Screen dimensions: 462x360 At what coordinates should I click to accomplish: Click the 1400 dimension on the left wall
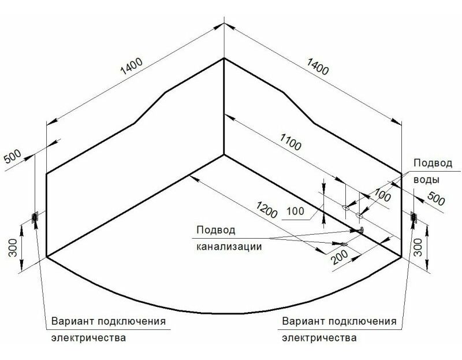pos(132,66)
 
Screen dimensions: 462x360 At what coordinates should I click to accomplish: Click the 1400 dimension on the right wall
pos(317,66)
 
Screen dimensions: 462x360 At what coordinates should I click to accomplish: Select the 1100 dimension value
pos(290,142)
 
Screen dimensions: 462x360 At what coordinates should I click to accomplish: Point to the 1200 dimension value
pos(267,210)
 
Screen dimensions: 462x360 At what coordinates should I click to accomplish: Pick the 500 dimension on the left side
pos(13,156)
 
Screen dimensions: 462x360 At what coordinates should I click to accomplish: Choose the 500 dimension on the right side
pos(436,198)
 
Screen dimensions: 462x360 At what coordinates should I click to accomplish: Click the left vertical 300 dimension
pos(12,247)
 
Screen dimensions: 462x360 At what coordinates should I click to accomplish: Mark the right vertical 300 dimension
pos(418,247)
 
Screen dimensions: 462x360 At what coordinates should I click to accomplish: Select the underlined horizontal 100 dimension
pos(295,211)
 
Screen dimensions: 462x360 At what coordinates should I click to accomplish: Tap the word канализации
pos(229,246)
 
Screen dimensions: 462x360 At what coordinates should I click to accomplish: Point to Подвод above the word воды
pos(433,163)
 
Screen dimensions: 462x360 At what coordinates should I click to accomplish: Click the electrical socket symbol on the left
pos(35,218)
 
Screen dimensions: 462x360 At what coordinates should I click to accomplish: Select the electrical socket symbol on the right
pos(414,217)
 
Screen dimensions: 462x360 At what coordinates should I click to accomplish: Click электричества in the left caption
pos(89,337)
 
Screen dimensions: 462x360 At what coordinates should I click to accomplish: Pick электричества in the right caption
pos(319,337)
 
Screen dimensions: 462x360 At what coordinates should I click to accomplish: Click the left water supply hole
pos(345,207)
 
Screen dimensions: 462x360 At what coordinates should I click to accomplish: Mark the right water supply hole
pos(359,215)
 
